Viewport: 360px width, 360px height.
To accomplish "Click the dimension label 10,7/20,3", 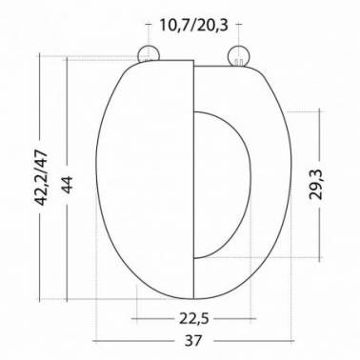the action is pos(193,25).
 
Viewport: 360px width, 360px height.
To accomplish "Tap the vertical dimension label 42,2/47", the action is pos(42,178).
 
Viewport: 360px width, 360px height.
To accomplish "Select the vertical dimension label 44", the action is pos(67,185).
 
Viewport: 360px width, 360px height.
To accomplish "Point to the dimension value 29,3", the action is pos(316,184).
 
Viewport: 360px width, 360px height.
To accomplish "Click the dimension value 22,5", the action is pos(194,318).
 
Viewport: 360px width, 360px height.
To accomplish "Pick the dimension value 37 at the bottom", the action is pos(193,341).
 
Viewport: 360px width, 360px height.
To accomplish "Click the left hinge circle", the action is pos(149,54).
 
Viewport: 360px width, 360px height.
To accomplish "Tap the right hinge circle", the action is pos(239,55).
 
